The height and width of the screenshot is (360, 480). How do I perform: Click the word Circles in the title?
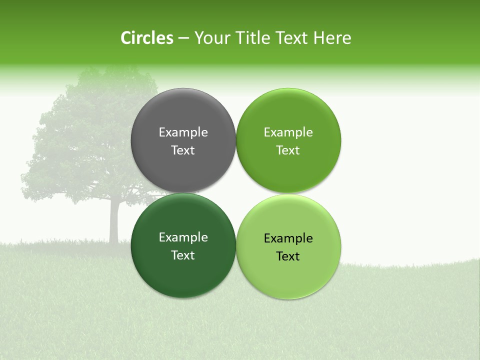[146, 38]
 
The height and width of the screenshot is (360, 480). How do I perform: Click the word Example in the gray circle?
[183, 132]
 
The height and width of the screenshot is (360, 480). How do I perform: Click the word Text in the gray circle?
[183, 150]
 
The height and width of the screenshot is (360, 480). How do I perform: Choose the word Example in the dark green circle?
[183, 237]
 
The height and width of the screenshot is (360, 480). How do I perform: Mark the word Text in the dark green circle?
[183, 255]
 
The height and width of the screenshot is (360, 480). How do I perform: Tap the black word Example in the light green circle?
[288, 238]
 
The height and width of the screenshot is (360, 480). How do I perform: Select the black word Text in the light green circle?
[288, 256]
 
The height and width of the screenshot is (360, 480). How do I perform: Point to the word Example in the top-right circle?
[288, 132]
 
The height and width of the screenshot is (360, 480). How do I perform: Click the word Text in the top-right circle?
[288, 150]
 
